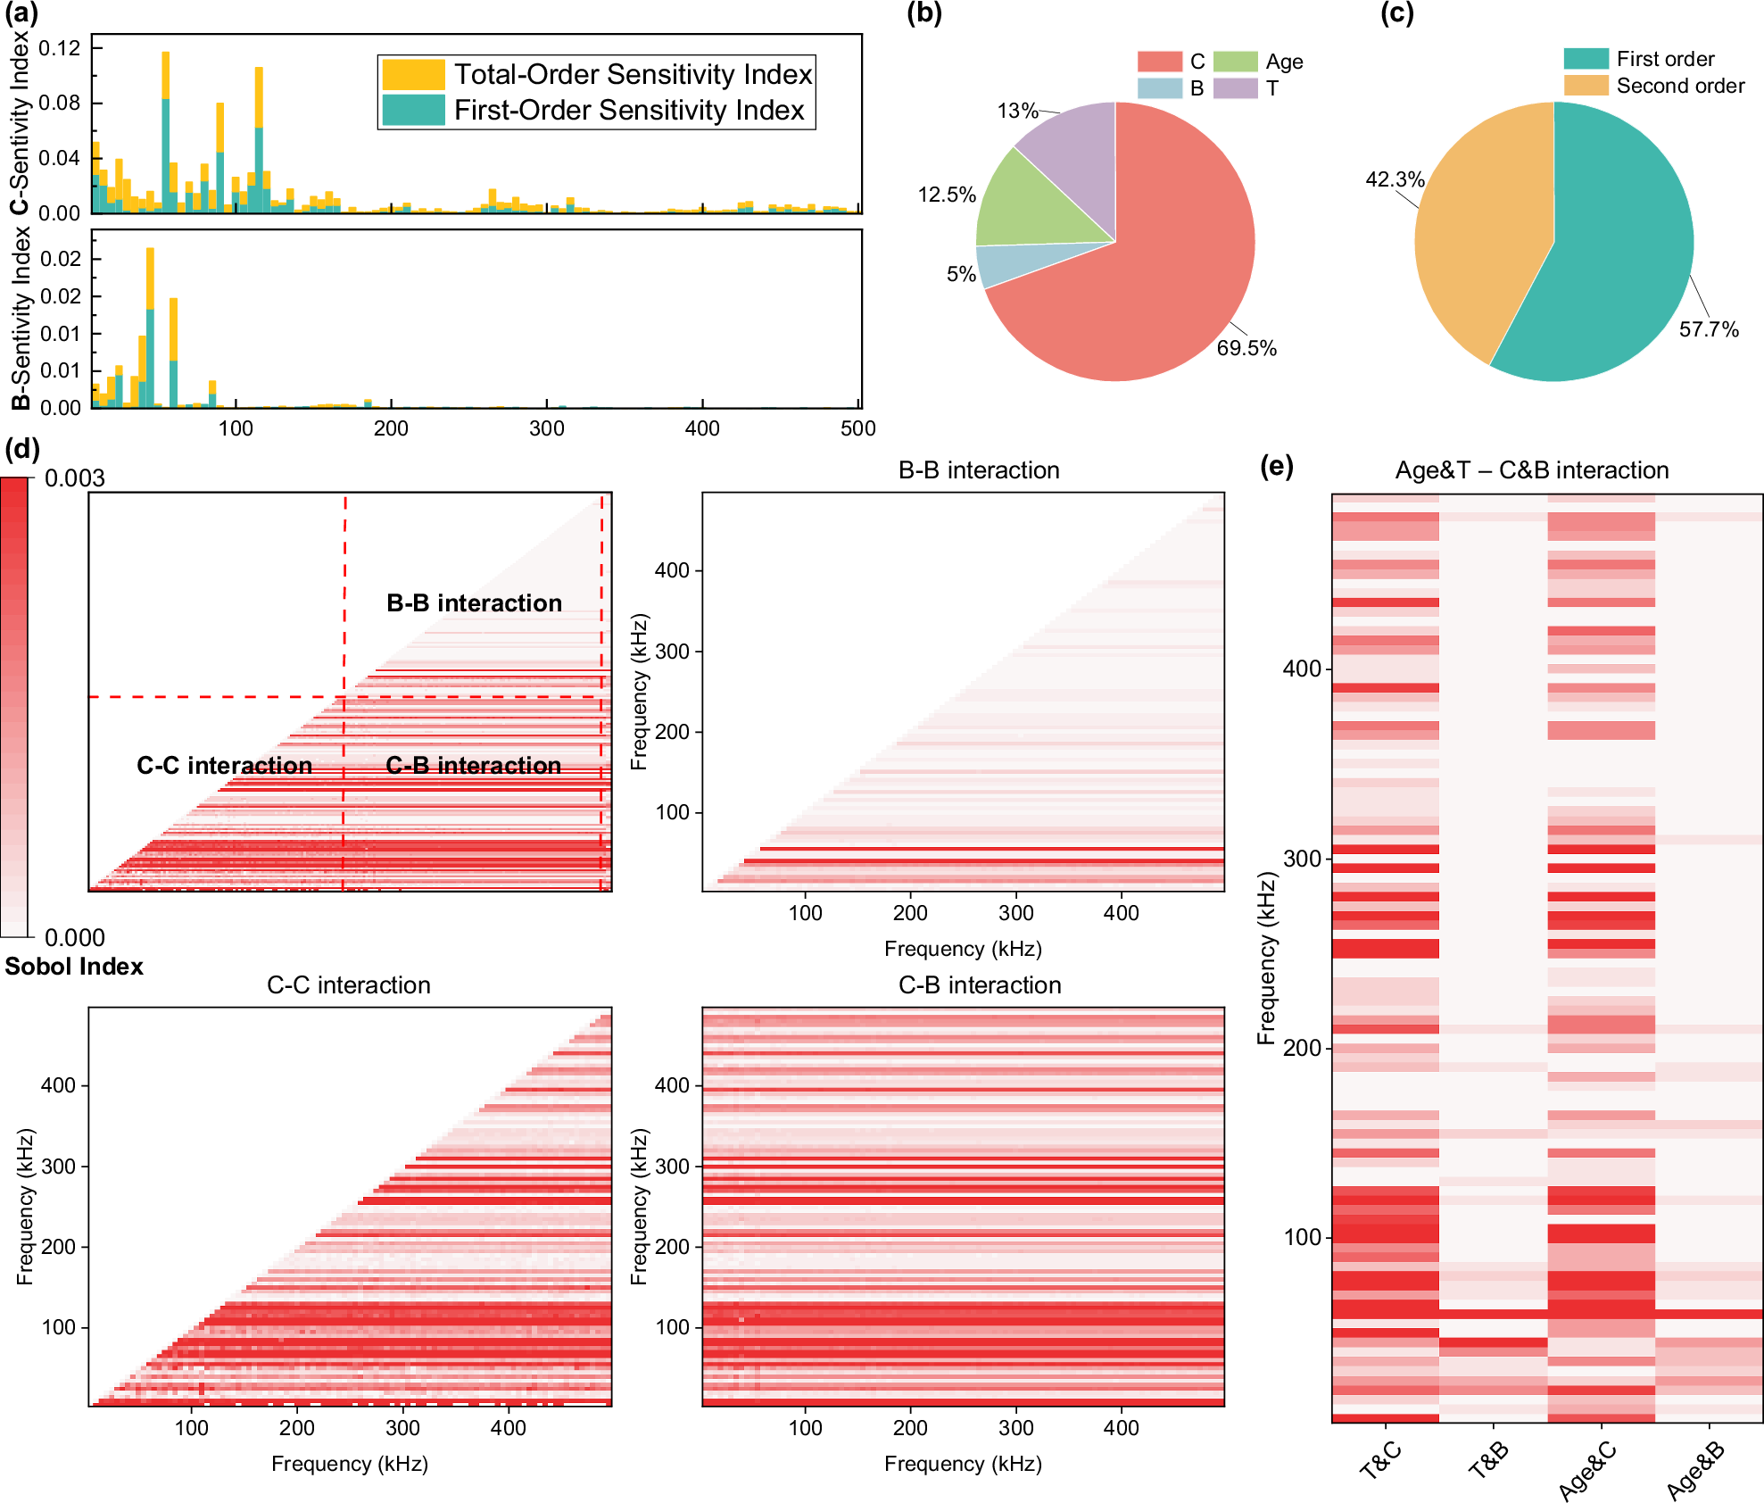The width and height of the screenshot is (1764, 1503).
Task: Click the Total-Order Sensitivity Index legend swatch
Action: click(x=413, y=74)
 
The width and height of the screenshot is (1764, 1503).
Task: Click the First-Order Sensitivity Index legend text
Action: click(x=629, y=111)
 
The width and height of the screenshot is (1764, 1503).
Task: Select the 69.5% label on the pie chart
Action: click(x=1246, y=348)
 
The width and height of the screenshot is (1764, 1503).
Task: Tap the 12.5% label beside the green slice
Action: click(x=947, y=195)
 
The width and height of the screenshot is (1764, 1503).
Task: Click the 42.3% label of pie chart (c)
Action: click(x=1395, y=179)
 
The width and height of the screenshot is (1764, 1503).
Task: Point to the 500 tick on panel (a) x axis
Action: click(x=857, y=428)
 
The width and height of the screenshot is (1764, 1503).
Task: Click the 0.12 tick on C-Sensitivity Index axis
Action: click(x=59, y=48)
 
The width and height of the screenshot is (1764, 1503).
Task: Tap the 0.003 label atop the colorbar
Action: click(x=75, y=478)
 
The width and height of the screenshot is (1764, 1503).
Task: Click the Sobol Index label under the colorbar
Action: click(x=74, y=967)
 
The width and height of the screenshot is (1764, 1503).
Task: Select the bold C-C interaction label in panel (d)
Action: click(x=224, y=766)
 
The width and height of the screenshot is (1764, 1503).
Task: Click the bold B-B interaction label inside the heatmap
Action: click(x=474, y=603)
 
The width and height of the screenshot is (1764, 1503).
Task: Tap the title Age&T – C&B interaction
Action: click(x=1531, y=470)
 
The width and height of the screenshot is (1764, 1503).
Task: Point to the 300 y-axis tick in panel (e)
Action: click(x=1302, y=859)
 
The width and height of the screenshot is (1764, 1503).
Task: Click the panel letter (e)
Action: click(x=1276, y=466)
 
